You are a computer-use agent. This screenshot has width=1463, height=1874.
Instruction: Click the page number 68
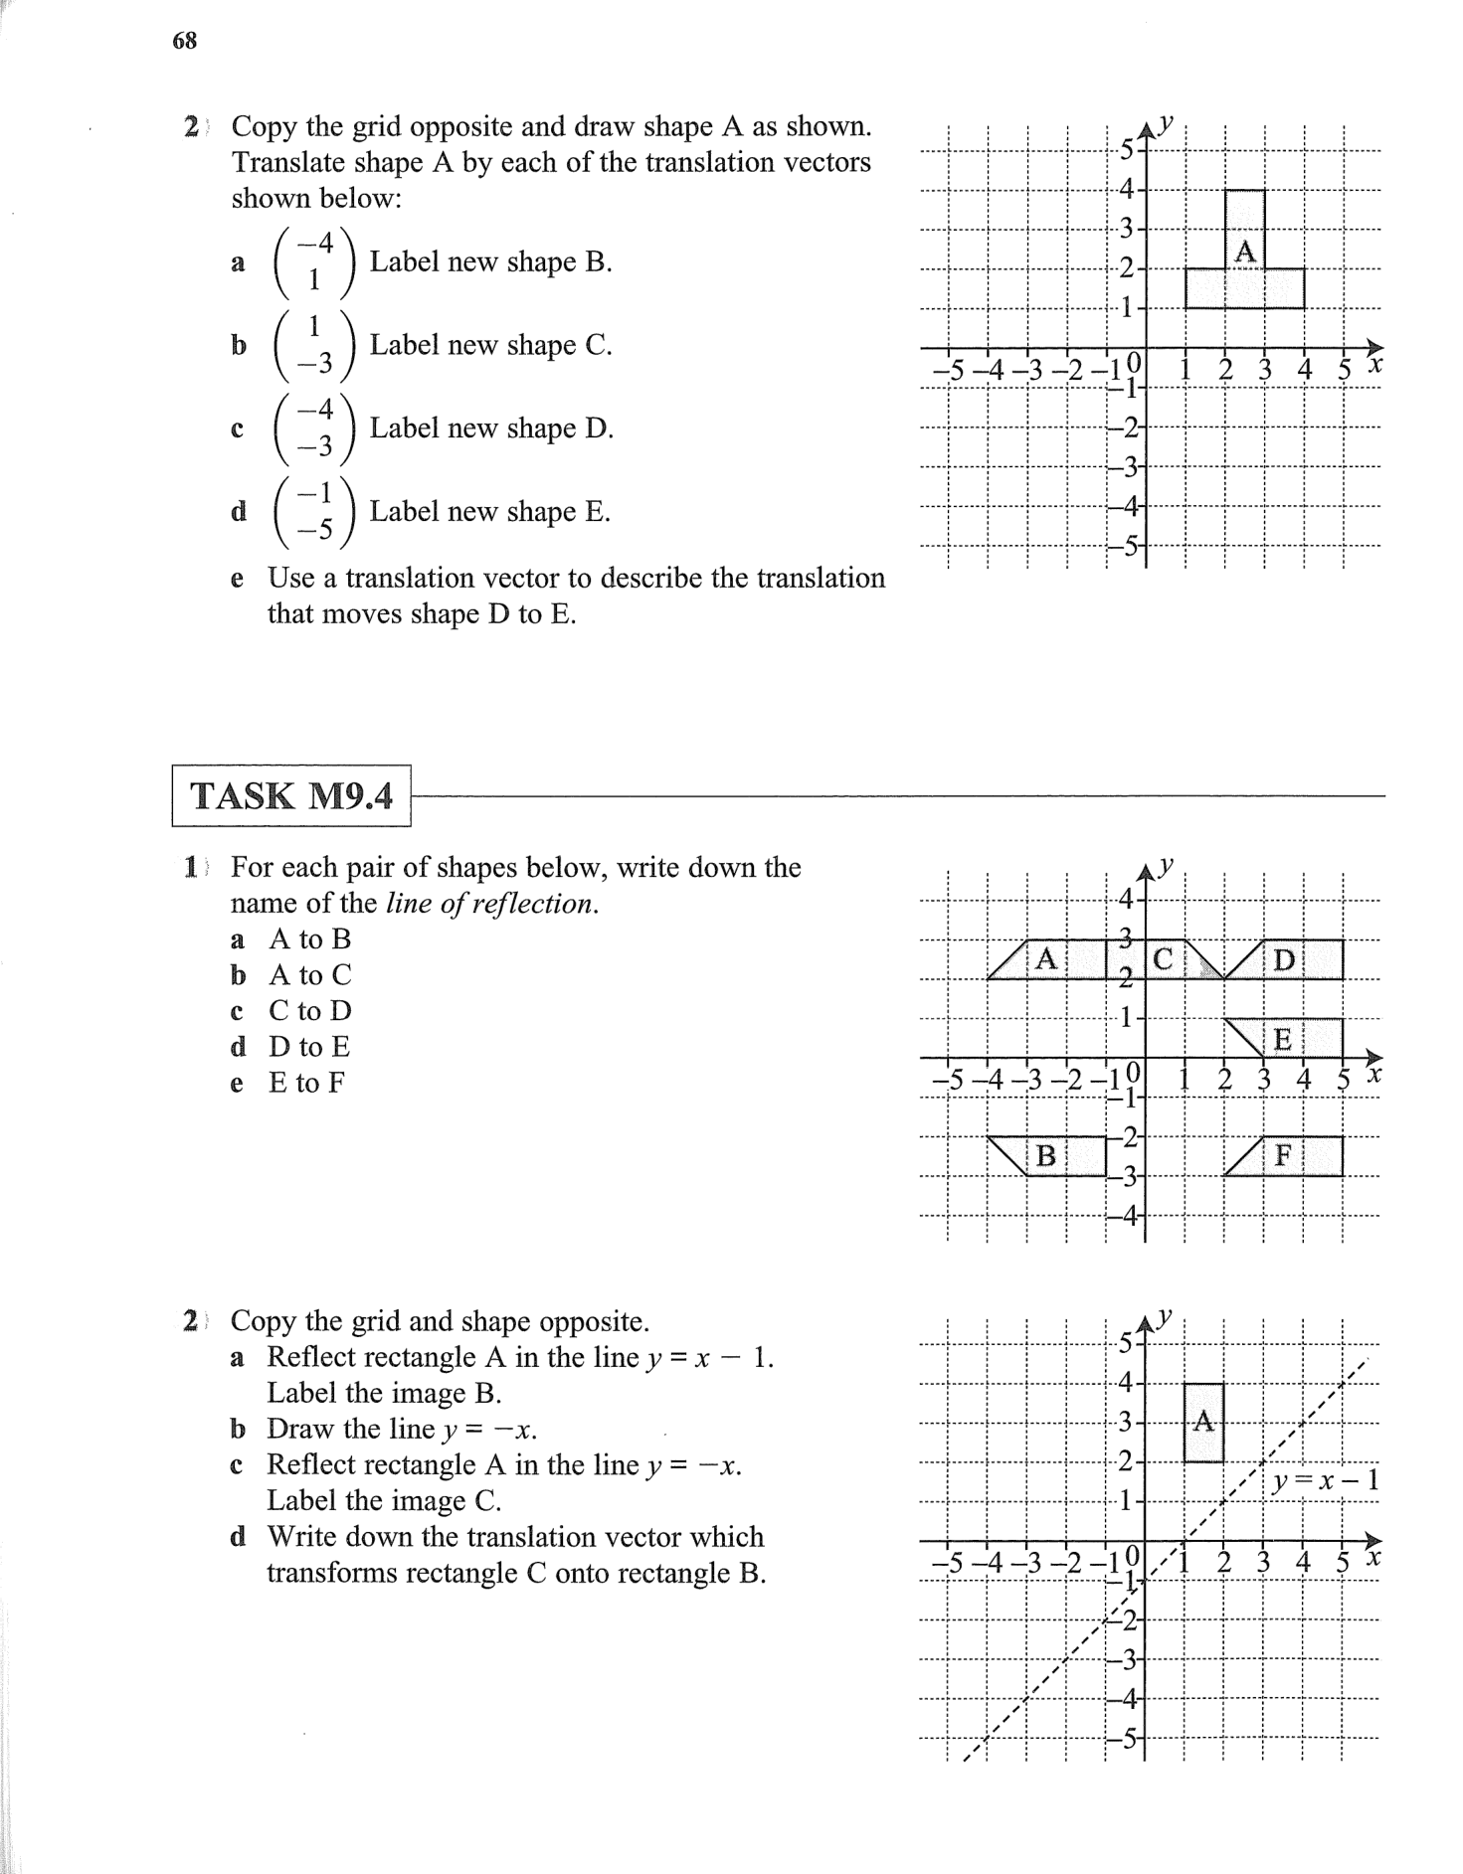[185, 41]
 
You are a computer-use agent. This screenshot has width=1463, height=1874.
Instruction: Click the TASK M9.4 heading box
[290, 795]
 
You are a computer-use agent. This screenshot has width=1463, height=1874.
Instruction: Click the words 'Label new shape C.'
[490, 345]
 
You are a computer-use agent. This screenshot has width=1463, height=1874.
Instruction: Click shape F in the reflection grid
[1284, 1155]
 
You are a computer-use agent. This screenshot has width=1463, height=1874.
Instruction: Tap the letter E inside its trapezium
[1283, 1039]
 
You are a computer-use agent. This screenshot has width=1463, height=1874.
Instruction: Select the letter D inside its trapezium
[1284, 960]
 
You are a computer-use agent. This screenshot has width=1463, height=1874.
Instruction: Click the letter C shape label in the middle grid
[1163, 959]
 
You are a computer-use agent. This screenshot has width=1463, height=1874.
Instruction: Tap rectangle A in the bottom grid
[1203, 1422]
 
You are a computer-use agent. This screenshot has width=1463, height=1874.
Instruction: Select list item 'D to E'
[309, 1047]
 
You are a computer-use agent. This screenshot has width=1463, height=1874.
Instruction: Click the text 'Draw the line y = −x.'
[402, 1429]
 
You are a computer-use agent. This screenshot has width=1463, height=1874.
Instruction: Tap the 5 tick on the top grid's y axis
[1126, 151]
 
